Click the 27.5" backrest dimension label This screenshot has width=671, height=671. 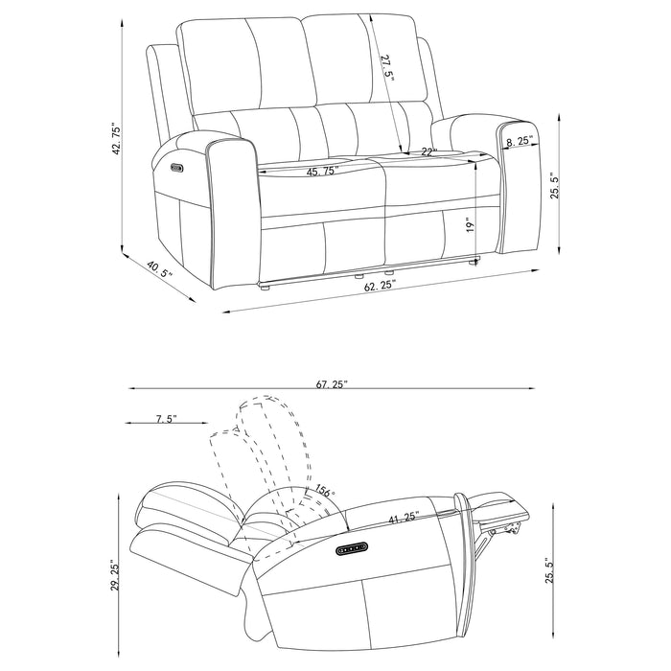387,70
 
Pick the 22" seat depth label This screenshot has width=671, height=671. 428,151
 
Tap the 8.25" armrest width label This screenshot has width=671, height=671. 519,141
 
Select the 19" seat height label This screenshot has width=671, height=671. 469,225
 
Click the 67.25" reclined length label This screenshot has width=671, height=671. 332,383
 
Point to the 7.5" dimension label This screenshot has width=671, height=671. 166,419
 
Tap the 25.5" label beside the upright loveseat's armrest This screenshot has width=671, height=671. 553,179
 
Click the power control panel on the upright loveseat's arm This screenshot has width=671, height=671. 175,169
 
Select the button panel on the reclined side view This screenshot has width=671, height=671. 352,548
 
